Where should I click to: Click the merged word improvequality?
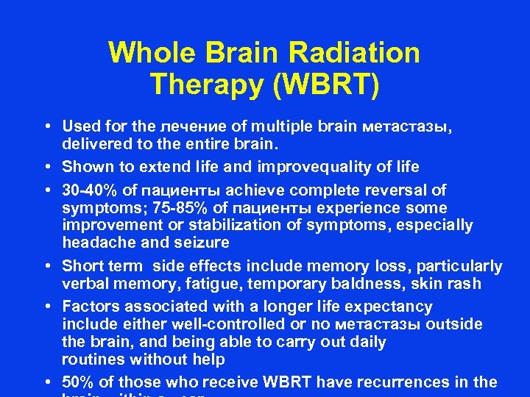pyautogui.click(x=312, y=166)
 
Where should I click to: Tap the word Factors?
pyautogui.click(x=88, y=307)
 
